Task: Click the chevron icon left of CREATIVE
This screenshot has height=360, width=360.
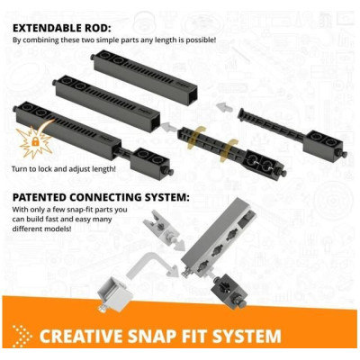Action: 20,336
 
